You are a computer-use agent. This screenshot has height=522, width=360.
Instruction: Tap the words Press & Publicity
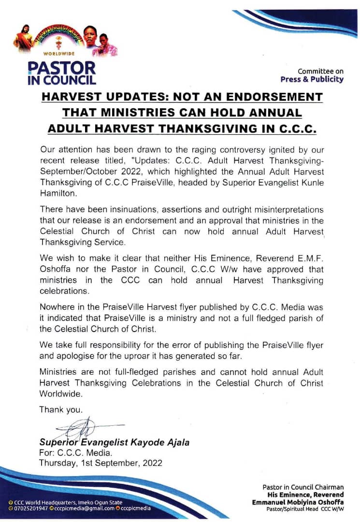coord(312,79)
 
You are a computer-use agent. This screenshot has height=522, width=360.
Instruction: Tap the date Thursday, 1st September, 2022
coord(101,463)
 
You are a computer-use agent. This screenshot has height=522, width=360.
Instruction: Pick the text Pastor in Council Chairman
coord(303,487)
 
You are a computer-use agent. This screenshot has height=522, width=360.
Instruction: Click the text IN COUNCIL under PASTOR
coord(61,80)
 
